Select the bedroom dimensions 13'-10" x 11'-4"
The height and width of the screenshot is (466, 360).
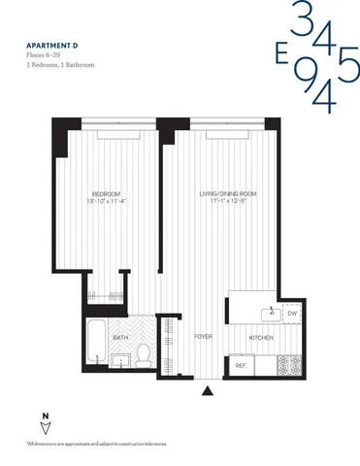pos(93,201)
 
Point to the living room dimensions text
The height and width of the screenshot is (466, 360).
pos(220,201)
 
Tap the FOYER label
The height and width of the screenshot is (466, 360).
pos(203,337)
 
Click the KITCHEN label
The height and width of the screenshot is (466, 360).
pos(261,337)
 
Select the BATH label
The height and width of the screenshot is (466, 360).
pos(120,337)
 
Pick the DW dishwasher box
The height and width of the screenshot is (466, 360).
pos(292,313)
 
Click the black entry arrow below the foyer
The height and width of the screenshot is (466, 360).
pos(208,391)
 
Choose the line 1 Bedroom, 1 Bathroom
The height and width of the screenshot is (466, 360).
pos(65,68)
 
